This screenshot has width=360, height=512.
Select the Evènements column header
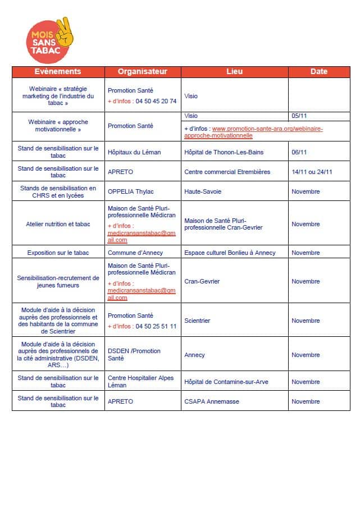click(x=58, y=72)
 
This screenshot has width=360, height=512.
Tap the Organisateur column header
click(x=143, y=72)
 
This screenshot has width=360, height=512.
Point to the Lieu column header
click(x=235, y=72)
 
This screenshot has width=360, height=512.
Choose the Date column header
click(x=319, y=72)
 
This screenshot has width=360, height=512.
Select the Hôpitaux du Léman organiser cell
click(x=135, y=152)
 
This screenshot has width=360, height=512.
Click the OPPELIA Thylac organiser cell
click(x=131, y=191)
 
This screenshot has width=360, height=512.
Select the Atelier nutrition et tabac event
click(x=58, y=224)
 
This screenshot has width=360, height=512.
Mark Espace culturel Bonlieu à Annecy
click(x=230, y=253)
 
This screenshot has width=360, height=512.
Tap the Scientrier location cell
click(x=197, y=321)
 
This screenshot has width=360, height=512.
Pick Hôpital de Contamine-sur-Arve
click(x=226, y=382)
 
